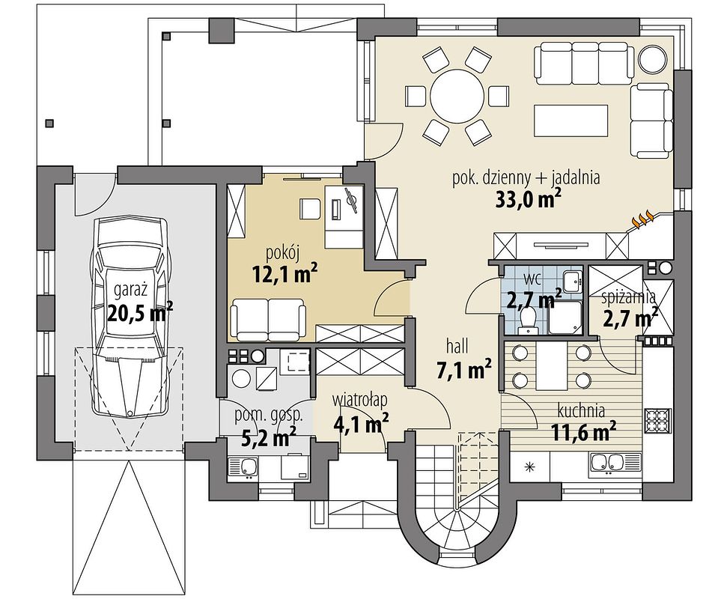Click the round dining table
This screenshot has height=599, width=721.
(x=457, y=97)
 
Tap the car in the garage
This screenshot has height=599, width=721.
(x=130, y=317)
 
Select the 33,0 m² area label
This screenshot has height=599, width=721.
(x=529, y=199)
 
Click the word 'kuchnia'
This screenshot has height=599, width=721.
(x=581, y=410)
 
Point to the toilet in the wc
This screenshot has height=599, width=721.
(x=527, y=320)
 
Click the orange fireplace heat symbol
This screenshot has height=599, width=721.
(x=643, y=219)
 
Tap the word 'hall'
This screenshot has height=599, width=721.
(x=457, y=346)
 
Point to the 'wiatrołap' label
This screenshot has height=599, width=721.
(x=360, y=400)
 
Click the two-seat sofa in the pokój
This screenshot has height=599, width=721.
(x=268, y=320)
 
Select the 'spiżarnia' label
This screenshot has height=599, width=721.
(x=629, y=298)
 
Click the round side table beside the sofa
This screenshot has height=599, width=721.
(x=652, y=58)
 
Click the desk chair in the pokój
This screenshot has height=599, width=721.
(x=311, y=209)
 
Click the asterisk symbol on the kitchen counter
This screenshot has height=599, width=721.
(x=530, y=467)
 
